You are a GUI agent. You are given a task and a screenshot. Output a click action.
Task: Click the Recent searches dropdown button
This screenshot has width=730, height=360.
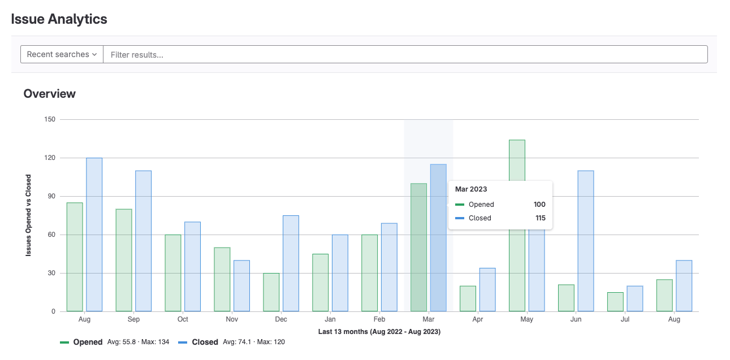(62, 54)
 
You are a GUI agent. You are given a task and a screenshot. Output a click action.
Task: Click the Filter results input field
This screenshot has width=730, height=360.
(405, 54)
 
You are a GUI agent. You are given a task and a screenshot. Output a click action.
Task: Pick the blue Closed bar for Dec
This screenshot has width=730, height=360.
(291, 263)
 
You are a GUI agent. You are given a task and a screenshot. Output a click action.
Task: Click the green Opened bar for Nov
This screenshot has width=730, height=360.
(222, 279)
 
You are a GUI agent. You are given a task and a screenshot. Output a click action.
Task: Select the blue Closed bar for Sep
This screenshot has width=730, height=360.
(143, 241)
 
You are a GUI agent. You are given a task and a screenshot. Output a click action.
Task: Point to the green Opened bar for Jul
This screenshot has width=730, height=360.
(615, 302)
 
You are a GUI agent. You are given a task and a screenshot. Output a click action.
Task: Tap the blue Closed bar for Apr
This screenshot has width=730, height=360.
(487, 289)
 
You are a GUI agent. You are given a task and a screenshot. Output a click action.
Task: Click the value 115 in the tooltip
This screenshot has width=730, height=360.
(540, 218)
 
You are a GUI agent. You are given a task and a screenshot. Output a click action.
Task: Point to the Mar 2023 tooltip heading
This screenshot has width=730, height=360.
(471, 189)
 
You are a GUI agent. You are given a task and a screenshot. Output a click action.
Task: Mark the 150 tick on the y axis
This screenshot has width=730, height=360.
(50, 119)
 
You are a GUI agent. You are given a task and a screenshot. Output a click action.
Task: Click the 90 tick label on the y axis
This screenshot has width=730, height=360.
(51, 196)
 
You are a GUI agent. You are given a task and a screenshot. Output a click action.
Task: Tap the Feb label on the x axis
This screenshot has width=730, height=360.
(379, 319)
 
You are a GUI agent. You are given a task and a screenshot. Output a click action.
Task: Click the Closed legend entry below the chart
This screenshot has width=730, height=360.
(204, 342)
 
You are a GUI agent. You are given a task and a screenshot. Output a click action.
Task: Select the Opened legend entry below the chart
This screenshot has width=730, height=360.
(88, 342)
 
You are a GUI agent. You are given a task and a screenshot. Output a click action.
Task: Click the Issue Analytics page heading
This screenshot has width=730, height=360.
(59, 19)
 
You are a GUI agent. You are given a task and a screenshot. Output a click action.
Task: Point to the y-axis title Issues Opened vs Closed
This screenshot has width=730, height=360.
(28, 215)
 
